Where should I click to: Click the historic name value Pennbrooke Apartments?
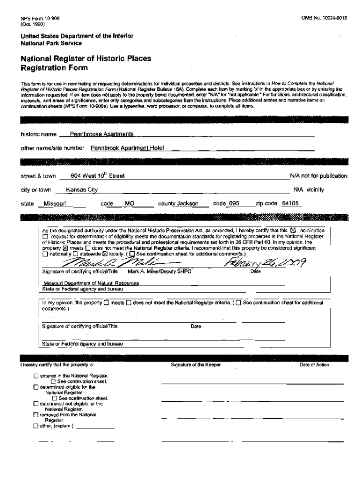[102, 134]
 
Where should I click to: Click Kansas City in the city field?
[82, 190]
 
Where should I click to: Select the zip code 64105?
[290, 203]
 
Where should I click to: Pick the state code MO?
[130, 203]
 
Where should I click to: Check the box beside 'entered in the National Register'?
[36, 376]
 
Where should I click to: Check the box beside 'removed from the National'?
[36, 415]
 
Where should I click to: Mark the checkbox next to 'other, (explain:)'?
[36, 426]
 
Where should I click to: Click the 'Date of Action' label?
[314, 365]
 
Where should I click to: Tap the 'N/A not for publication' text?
[318, 176]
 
